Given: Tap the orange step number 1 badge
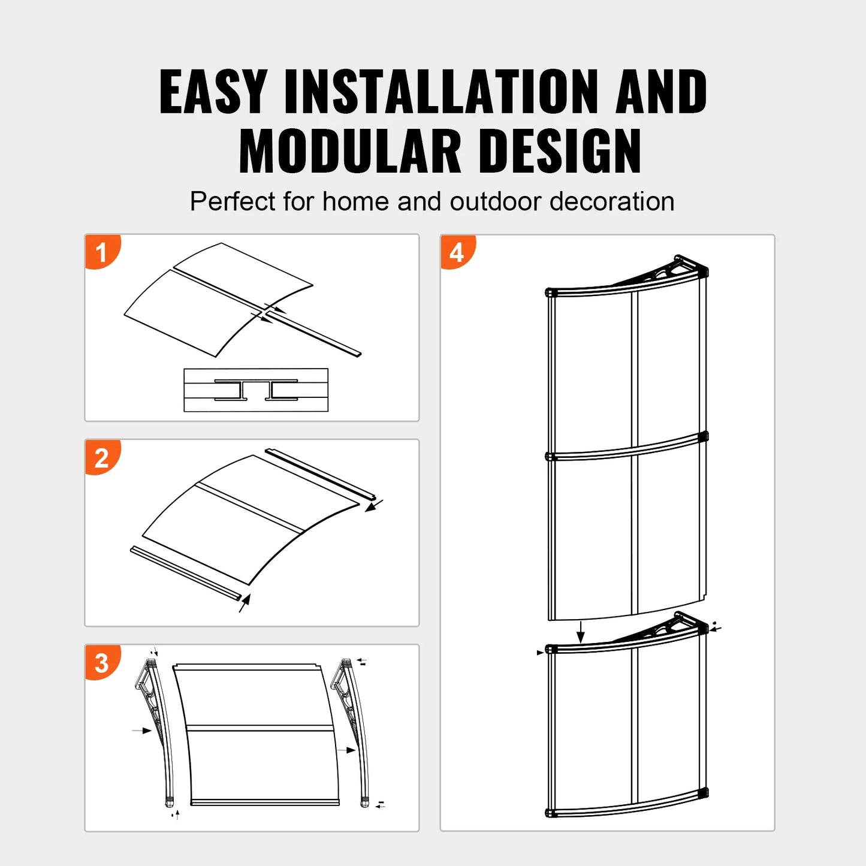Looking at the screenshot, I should click(102, 252).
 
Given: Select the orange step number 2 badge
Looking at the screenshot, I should click(102, 458).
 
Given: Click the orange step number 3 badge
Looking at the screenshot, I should click(102, 663).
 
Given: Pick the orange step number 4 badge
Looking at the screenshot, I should click(457, 252).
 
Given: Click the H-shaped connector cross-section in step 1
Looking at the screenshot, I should click(256, 390).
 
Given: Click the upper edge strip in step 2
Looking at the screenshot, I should click(320, 473).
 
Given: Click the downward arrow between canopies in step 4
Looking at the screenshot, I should click(580, 632).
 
